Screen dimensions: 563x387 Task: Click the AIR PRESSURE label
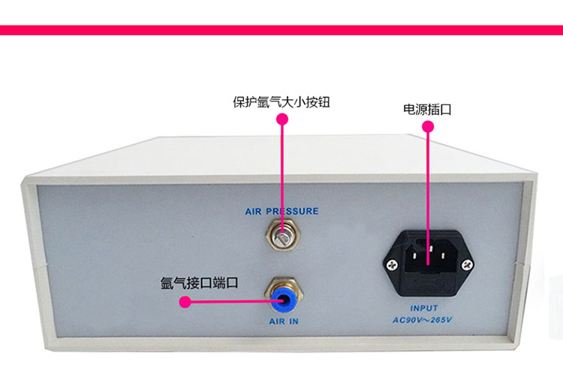point(281,211)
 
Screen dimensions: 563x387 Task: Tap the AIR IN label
point(284,322)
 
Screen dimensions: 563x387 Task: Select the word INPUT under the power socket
point(424,308)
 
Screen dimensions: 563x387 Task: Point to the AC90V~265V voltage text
point(422,320)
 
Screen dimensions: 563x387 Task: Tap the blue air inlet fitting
point(284,299)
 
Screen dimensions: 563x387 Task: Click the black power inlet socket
point(428,263)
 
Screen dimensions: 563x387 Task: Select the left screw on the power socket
point(392,265)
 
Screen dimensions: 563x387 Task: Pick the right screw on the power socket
point(467,265)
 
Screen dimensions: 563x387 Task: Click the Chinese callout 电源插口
point(427,109)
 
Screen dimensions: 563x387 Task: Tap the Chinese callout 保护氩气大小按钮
point(281,102)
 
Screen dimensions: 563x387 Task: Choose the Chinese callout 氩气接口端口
point(199,283)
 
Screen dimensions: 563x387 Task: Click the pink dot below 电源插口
point(428,126)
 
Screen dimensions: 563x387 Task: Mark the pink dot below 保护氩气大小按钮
point(282,119)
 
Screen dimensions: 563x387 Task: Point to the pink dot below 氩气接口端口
point(185,302)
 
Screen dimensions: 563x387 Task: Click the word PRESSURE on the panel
point(292,211)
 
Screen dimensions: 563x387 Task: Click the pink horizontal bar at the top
point(281,30)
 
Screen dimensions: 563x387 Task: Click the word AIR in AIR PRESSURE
point(254,212)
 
